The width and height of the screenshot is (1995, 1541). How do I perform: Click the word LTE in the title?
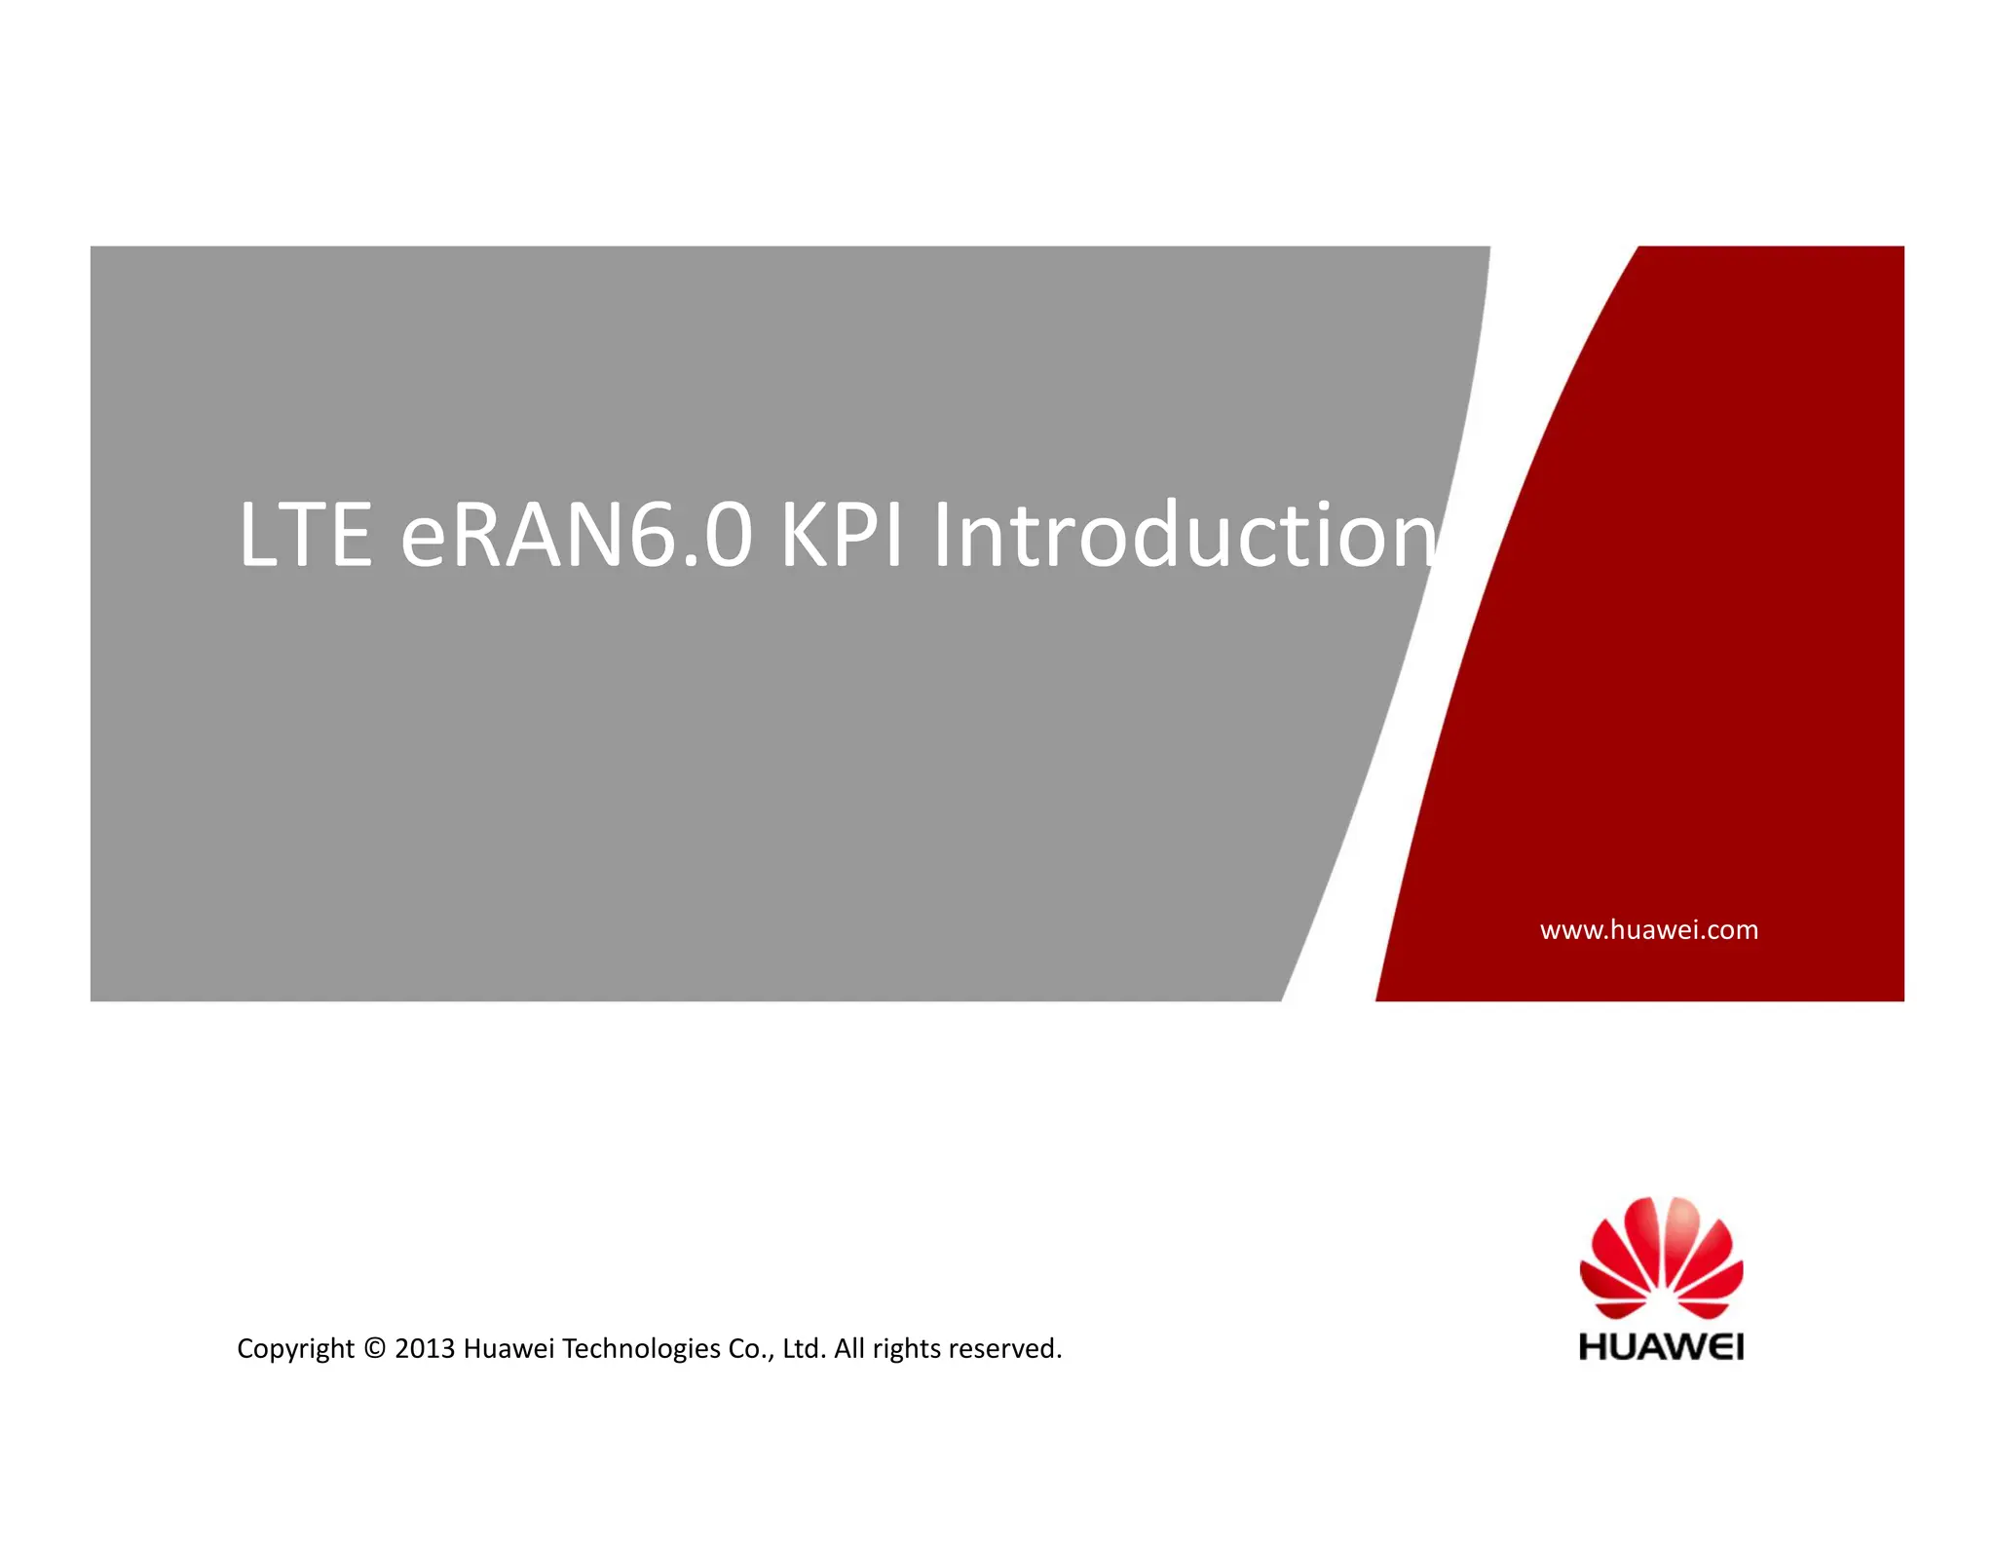pyautogui.click(x=305, y=535)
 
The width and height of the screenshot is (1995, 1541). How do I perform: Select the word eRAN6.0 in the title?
pyautogui.click(x=576, y=535)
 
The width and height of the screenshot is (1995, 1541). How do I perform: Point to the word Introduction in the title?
pyautogui.click(x=1183, y=535)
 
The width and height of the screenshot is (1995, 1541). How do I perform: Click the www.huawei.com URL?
pyautogui.click(x=1648, y=929)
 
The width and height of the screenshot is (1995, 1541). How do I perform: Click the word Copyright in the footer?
pyautogui.click(x=295, y=1348)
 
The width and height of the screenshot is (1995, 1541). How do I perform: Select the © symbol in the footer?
pyautogui.click(x=374, y=1348)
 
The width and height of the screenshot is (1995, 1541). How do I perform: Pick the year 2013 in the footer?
pyautogui.click(x=425, y=1348)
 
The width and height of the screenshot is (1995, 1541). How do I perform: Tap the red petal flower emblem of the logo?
pyautogui.click(x=1661, y=1257)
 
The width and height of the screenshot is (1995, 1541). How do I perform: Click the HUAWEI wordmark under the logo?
pyautogui.click(x=1661, y=1347)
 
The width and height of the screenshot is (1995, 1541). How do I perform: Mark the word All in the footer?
pyautogui.click(x=849, y=1348)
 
